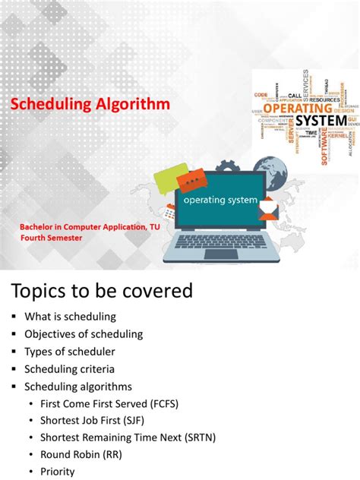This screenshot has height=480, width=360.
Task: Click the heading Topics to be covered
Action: point(101,291)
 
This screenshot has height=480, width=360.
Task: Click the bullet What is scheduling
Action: point(70,317)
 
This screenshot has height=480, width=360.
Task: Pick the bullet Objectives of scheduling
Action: point(84,334)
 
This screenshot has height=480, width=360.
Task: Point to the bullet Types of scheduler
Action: point(70,352)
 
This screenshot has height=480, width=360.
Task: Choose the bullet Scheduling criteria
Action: point(70,369)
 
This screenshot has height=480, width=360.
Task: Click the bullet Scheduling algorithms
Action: point(78,387)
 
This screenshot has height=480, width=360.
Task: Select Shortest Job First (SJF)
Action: point(89,420)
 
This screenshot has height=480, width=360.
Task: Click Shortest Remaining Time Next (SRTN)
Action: point(122,437)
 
